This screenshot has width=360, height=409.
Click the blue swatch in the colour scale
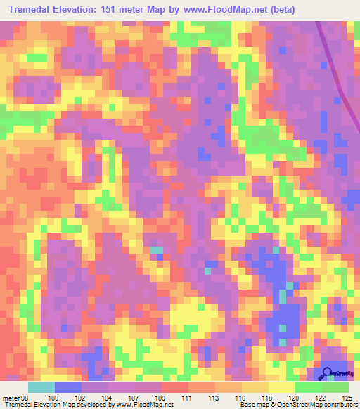[67, 387]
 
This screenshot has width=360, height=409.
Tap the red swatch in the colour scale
[174, 387]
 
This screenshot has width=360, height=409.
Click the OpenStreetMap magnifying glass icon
[328, 374]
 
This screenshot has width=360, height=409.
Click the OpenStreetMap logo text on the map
[344, 374]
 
